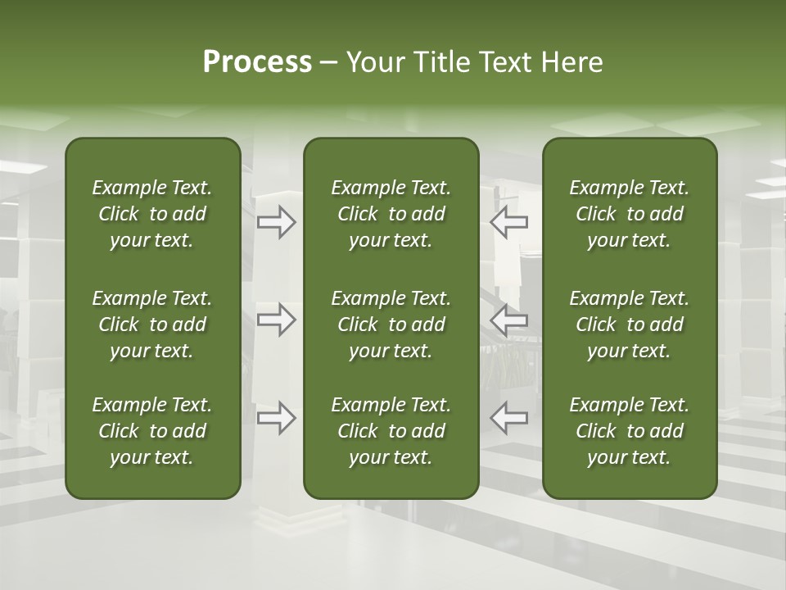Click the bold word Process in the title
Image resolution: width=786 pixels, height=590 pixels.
coord(257,62)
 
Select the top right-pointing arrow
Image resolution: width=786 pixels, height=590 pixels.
coord(277,222)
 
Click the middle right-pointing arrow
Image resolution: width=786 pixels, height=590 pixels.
coord(277,320)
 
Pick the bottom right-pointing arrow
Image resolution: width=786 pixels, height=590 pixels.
coord(277,417)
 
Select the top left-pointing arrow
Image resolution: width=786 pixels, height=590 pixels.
coord(508,222)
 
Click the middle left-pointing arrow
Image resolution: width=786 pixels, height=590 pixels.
coord(508,320)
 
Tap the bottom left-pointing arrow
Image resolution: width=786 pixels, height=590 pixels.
coord(508,417)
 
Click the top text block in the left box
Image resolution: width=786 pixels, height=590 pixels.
coord(152,214)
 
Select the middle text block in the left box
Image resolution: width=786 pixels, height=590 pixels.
coord(152,324)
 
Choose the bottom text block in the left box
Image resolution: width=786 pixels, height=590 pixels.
coord(152,431)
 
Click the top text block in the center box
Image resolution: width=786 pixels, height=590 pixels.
coord(391,214)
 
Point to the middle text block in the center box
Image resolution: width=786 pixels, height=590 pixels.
coord(391,324)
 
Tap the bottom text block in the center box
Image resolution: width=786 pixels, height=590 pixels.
coord(391,431)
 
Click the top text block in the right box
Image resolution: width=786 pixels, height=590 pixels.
coord(629,214)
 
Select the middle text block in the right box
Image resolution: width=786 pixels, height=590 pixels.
coord(629,324)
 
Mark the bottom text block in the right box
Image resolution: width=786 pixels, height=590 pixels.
coord(629,431)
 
